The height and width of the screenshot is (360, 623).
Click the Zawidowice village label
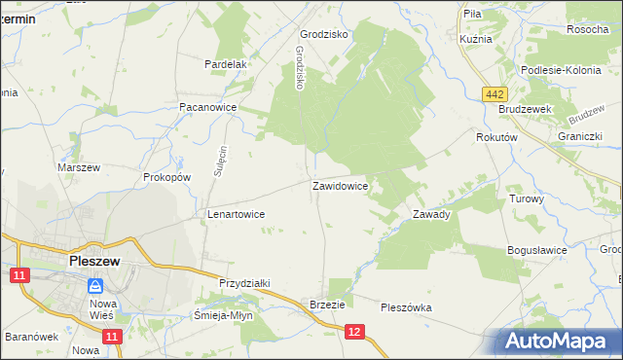pyautogui.click(x=340, y=185)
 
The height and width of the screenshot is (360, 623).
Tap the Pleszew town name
pyautogui.click(x=94, y=261)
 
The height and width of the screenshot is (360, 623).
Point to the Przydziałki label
pyautogui.click(x=244, y=282)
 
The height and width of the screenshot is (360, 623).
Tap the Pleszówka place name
pyautogui.click(x=406, y=307)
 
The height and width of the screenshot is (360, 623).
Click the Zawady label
pyautogui.click(x=431, y=214)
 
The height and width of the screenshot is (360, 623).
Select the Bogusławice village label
pyautogui.click(x=537, y=250)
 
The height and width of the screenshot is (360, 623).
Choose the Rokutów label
pyautogui.click(x=495, y=138)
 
